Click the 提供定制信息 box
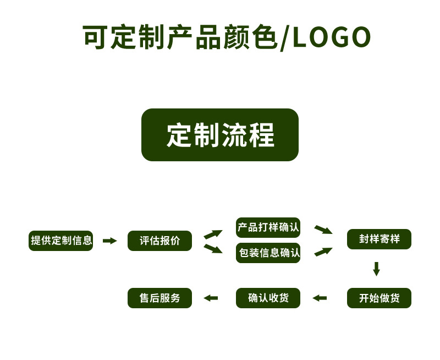coord(61,241)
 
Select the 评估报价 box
coord(159,241)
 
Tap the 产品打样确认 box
coord(268,227)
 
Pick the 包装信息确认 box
coord(268,253)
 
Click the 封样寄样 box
coord(379,239)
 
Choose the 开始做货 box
coord(379,298)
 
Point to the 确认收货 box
coord(268,298)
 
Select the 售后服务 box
coord(159,298)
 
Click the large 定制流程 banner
coord(220,135)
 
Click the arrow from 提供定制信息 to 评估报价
coord(110,241)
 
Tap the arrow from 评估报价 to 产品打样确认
coord(213,234)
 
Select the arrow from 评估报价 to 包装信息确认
coord(213,249)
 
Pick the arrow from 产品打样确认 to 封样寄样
coord(323,229)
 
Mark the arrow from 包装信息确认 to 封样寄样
coord(323,252)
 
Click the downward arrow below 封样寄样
coord(376,269)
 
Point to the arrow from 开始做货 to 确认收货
coord(320,298)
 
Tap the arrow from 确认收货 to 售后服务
coord(211,298)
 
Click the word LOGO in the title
coord(332,37)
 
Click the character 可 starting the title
coord(95,37)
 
